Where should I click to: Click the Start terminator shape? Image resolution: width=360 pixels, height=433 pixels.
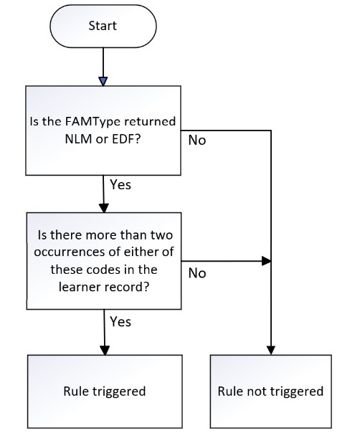(103, 26)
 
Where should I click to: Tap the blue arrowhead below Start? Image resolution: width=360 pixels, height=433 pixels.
(103, 82)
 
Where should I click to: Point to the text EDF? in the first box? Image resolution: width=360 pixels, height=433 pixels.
(126, 139)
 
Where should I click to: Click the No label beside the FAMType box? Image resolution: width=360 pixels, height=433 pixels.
(197, 141)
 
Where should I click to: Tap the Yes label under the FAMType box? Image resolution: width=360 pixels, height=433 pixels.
(120, 184)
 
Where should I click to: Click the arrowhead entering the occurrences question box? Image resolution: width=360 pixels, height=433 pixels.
(104, 208)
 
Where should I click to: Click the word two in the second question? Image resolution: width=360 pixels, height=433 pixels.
(161, 235)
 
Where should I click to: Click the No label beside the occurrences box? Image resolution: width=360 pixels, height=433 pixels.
(197, 273)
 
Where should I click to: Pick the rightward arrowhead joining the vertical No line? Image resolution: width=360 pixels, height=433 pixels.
(266, 261)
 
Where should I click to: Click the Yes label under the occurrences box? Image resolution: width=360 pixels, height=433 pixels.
(120, 322)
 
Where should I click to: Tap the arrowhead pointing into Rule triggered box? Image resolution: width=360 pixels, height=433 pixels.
(105, 351)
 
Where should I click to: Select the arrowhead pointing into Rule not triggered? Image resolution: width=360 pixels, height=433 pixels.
(271, 351)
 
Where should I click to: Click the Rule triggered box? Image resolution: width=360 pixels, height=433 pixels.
(105, 391)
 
